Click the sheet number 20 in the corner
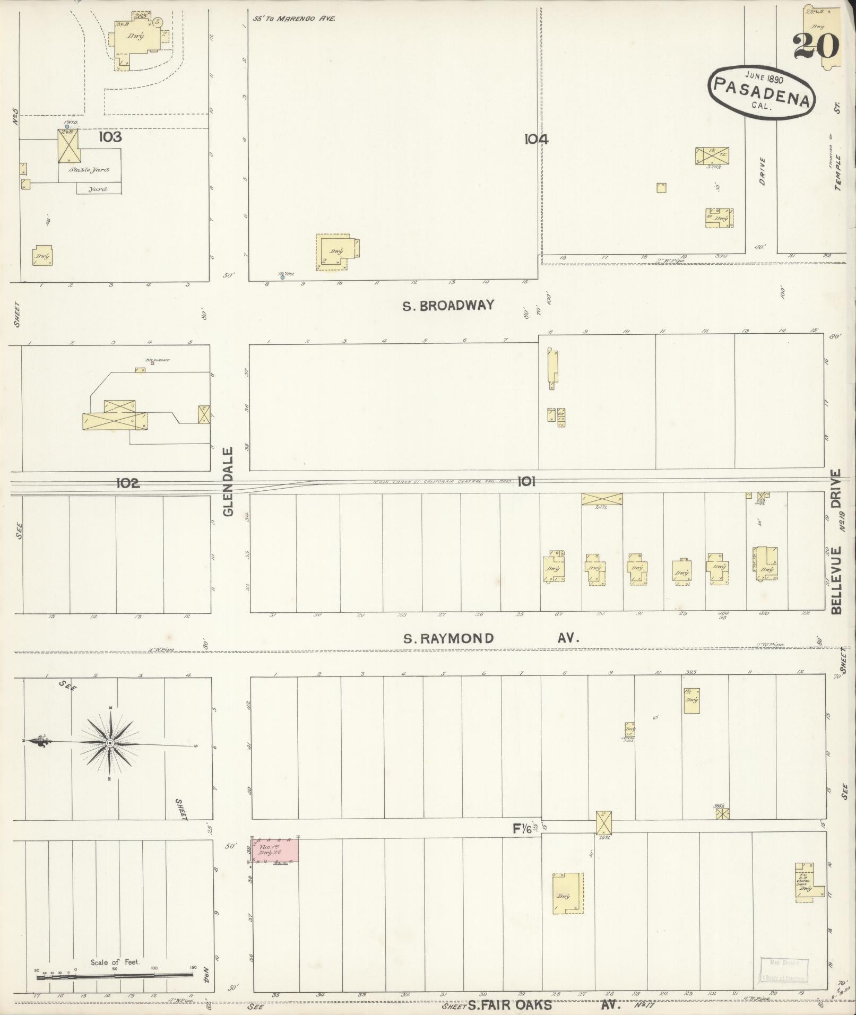816,46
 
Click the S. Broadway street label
448,306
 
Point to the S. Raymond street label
448,638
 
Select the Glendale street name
228,482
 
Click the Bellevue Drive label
837,542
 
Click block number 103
110,137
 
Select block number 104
536,140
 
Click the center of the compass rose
109,743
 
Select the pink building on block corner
275,850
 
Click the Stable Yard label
89,170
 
